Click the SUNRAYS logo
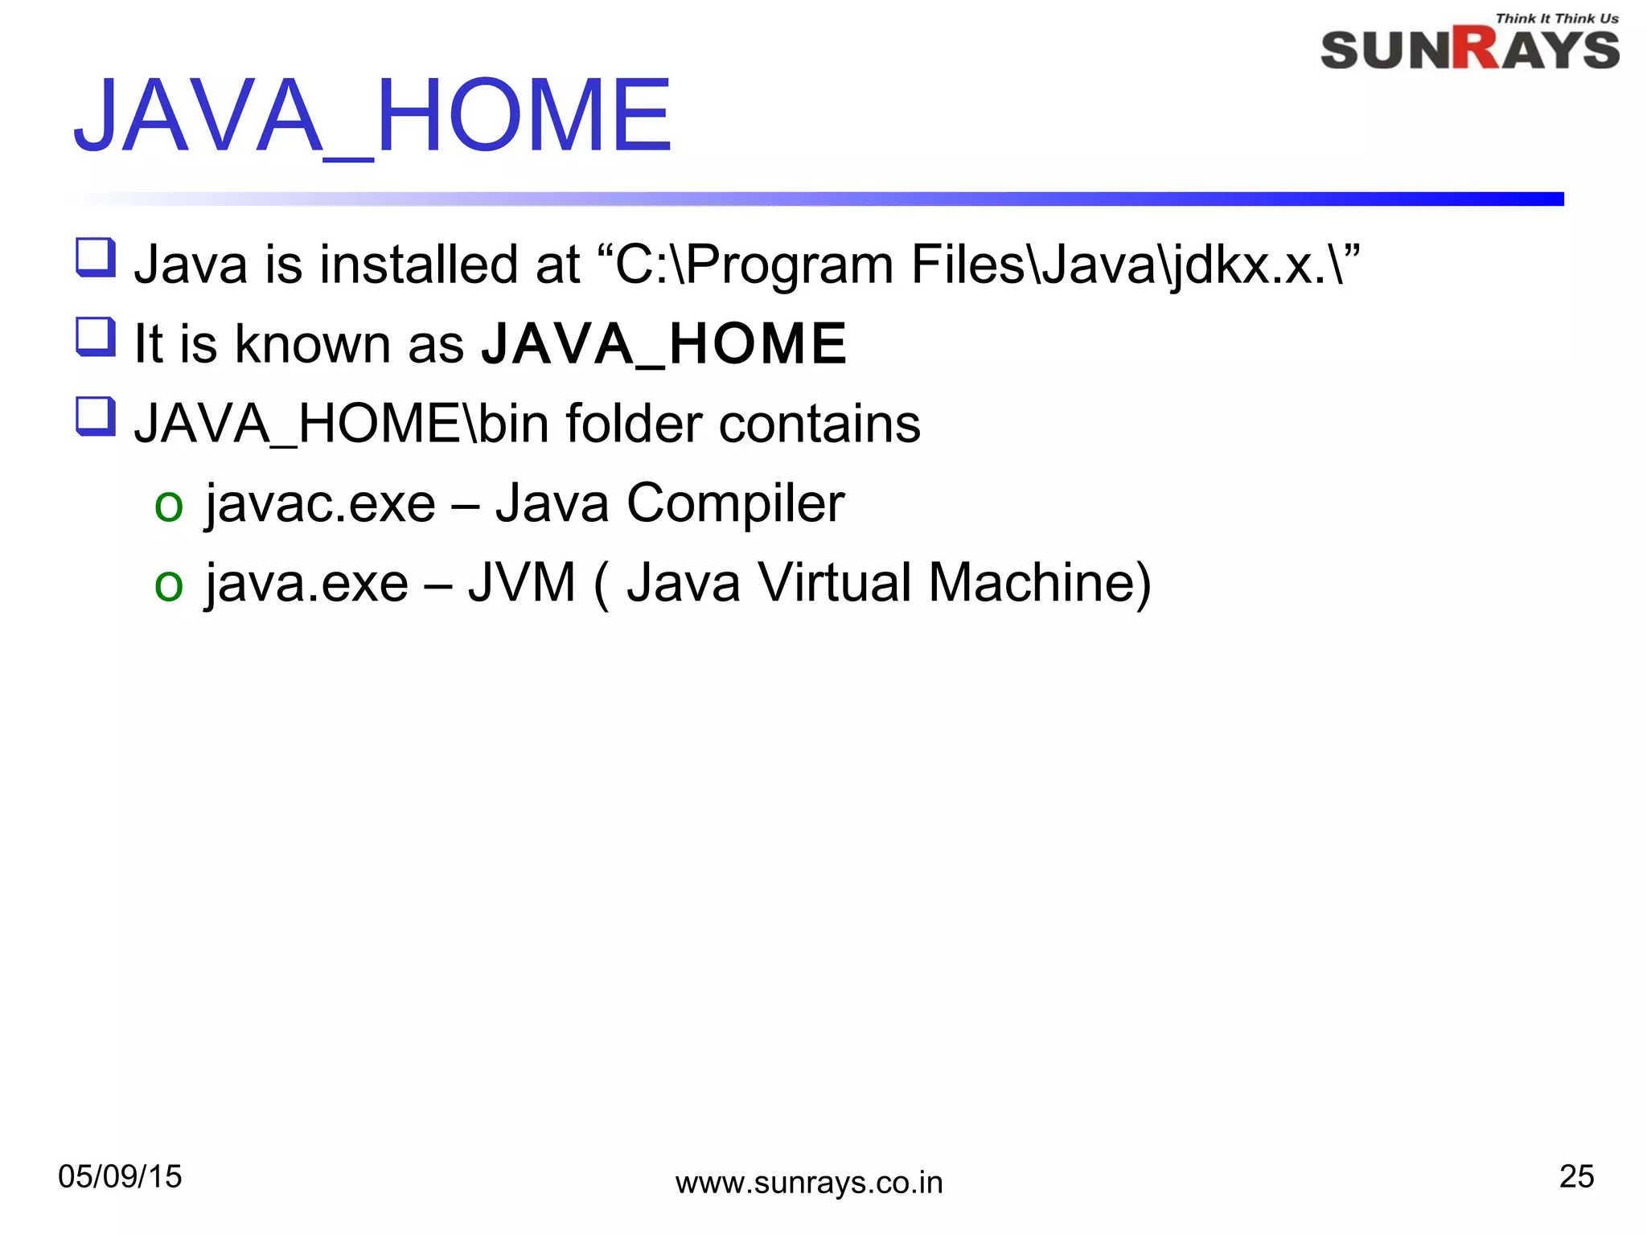coord(1469,50)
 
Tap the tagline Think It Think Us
coord(1556,18)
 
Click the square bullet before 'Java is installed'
coord(96,257)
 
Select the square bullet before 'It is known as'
coord(96,337)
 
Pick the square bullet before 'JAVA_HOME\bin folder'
coord(96,416)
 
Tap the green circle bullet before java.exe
coord(169,585)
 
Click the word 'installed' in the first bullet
coord(418,265)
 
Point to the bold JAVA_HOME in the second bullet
coord(664,344)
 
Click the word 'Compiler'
coord(735,504)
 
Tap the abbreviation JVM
coord(522,583)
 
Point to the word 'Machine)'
coord(1040,583)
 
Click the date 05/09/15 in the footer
coord(120,1177)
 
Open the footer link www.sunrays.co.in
coord(808,1183)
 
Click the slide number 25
coord(1576,1176)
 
